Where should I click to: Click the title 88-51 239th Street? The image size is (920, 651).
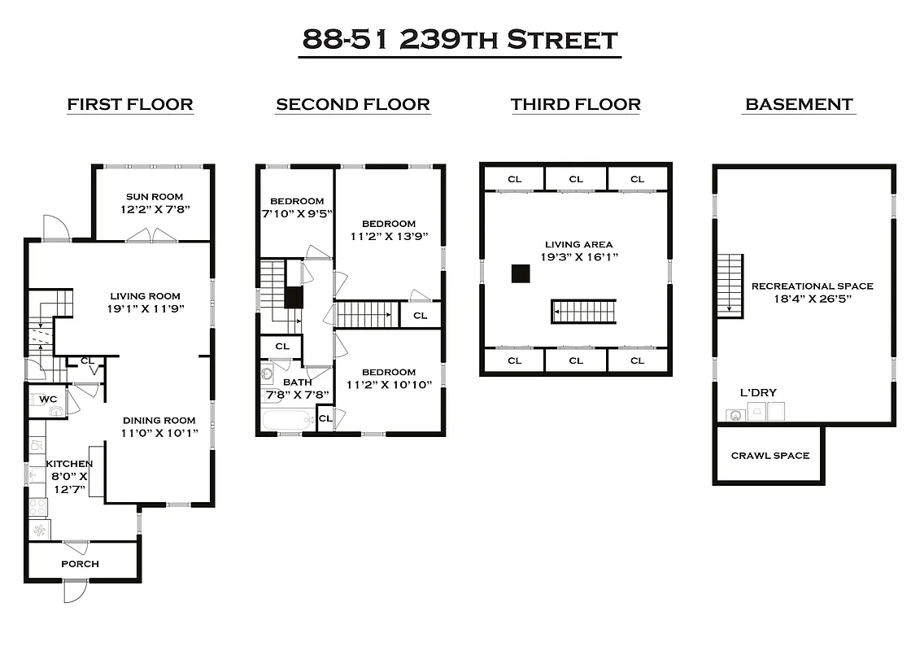[x=460, y=39]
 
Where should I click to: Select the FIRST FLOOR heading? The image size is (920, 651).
[x=130, y=104]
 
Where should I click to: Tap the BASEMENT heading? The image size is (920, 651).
[x=799, y=104]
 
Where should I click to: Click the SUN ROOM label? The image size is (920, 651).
[x=155, y=196]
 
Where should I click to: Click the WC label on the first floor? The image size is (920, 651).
[x=47, y=399]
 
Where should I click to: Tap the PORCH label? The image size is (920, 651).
[x=80, y=563]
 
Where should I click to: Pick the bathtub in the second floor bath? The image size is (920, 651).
[x=286, y=421]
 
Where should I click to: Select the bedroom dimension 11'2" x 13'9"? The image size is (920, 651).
[x=388, y=238]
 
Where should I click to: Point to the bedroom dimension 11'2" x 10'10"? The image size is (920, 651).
[x=388, y=385]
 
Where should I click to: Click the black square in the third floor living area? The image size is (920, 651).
[x=521, y=273]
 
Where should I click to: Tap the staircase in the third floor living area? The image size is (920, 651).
[x=583, y=312]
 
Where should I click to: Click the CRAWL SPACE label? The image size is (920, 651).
[x=770, y=455]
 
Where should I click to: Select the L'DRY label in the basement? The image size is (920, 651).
[x=757, y=393]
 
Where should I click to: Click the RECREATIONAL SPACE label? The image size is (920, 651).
[x=812, y=286]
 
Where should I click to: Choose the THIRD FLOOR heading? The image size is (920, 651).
[x=575, y=104]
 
